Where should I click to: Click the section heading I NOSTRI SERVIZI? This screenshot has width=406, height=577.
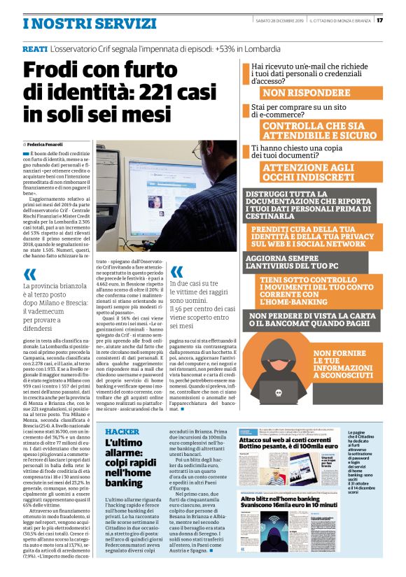pos(90,23)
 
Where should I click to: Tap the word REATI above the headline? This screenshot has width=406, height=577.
pos(34,49)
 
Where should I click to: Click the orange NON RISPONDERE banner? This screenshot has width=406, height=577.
pos(306,93)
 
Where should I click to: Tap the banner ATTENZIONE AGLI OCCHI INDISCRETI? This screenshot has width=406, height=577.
pos(309,173)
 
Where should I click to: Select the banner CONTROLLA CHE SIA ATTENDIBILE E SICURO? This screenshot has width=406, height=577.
pos(318,131)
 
